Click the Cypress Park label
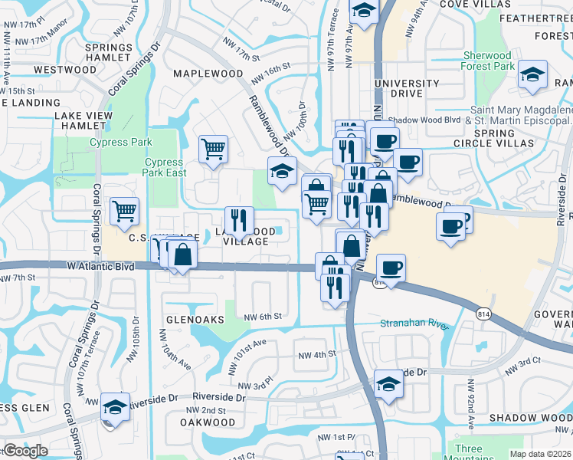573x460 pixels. coord(121,142)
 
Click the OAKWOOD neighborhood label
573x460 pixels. coord(208,422)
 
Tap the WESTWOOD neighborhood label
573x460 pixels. coord(65,70)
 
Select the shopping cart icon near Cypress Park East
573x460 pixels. coord(213,149)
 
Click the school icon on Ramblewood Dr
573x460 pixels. coord(282,171)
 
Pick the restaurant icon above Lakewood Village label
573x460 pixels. coord(239,220)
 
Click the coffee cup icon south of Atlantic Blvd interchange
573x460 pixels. coord(391,268)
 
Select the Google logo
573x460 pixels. coord(26,451)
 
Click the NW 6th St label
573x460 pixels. coord(264,316)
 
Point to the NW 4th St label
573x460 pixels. coord(317,355)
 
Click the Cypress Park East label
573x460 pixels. coord(164,167)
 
